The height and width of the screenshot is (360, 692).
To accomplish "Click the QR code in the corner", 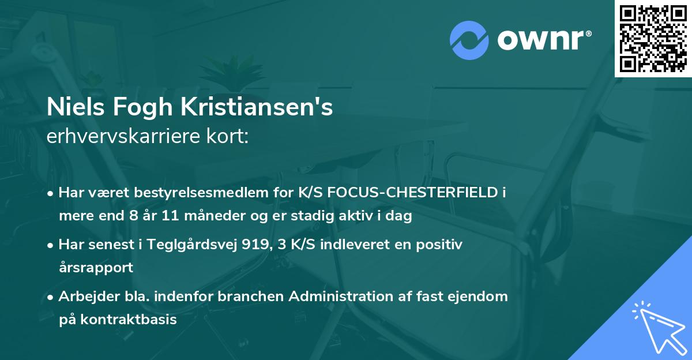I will tap(653, 38).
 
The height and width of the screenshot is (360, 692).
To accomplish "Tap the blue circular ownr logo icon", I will tap(469, 39).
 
